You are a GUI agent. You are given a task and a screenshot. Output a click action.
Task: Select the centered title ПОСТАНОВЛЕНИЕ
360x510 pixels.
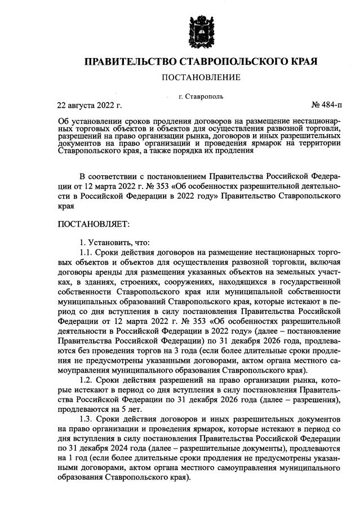201,77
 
